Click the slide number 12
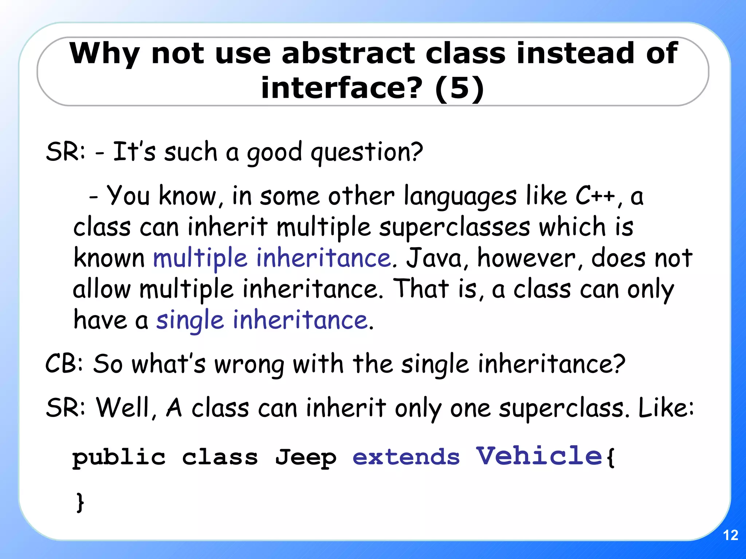[x=730, y=535]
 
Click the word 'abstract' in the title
[x=348, y=53]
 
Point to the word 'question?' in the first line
[x=366, y=152]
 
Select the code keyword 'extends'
[x=406, y=457]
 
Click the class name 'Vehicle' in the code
[x=539, y=456]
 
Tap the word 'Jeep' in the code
[x=306, y=458]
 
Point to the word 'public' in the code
[x=119, y=458]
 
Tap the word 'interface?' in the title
[x=342, y=88]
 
